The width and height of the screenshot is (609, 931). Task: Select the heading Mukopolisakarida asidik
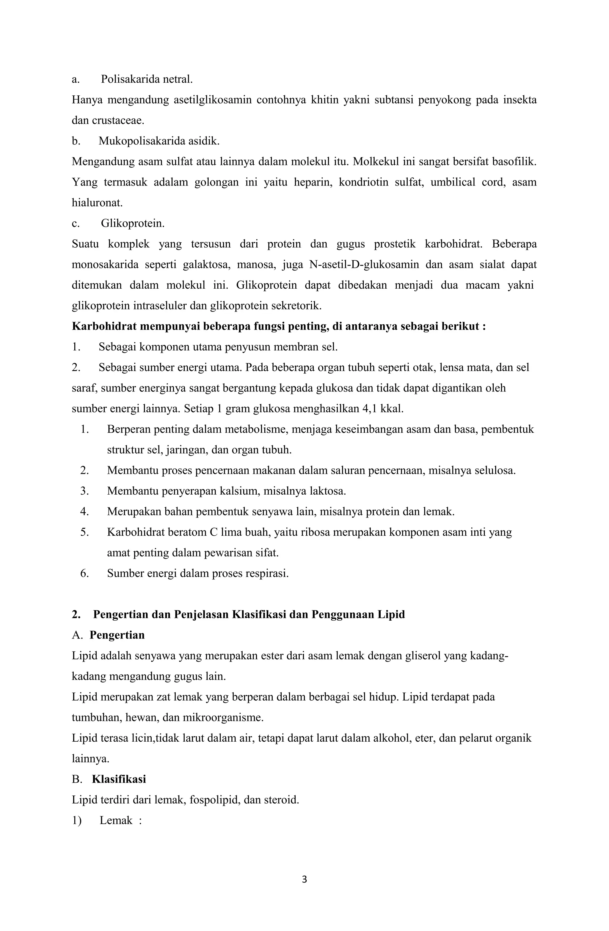pos(158,141)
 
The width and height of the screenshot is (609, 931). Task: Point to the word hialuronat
pos(97,203)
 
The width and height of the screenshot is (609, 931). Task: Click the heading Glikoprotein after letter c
pos(132,223)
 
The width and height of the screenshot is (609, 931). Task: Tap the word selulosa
pos(494,471)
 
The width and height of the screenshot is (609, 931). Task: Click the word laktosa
pos(327,491)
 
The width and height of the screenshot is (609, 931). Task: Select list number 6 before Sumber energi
pos(84,573)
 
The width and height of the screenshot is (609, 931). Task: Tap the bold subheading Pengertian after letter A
pos(117,635)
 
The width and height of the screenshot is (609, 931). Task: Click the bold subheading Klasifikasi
pos(119,779)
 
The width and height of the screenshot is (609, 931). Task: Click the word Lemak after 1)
pos(116,820)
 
